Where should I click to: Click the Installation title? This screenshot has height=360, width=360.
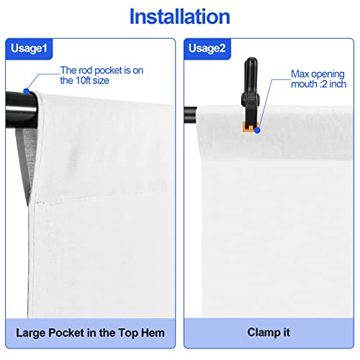tap(181, 17)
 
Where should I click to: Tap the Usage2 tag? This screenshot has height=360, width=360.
tap(206, 49)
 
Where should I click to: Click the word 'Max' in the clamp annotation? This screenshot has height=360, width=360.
tap(300, 74)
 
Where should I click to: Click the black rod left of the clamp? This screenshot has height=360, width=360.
tap(192, 113)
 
